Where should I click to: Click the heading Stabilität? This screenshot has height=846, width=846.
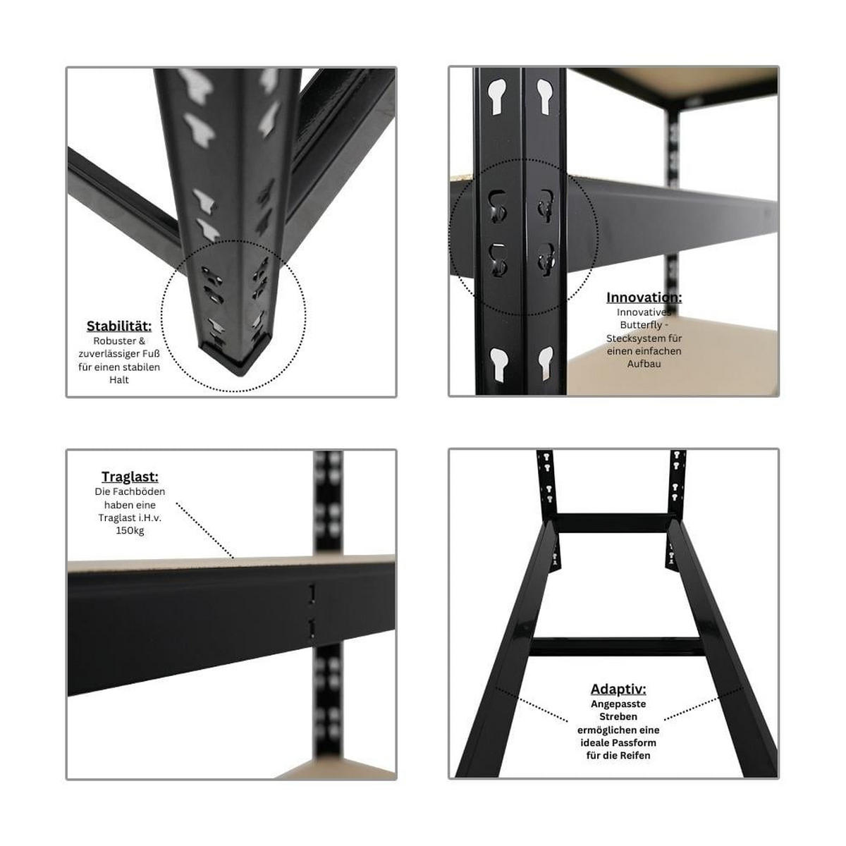119,326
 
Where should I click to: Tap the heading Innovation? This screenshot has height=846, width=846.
644,298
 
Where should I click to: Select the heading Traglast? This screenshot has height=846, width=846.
130,477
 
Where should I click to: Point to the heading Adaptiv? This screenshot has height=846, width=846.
618,689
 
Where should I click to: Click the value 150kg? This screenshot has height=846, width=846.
130,530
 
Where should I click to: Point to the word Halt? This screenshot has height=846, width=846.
119,380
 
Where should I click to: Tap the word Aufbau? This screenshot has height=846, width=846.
644,364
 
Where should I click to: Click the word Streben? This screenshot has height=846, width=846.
618,716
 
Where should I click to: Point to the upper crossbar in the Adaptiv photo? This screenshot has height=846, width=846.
613,523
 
